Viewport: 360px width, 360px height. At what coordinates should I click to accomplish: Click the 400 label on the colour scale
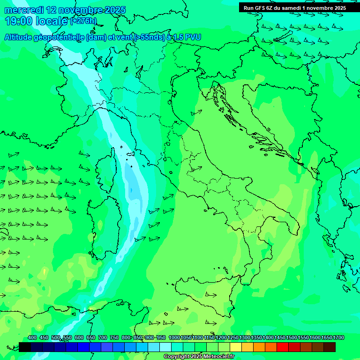tap(32, 337)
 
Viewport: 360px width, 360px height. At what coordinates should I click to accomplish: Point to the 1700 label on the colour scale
tap(339, 337)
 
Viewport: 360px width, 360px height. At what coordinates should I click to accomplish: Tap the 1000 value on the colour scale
tap(174, 337)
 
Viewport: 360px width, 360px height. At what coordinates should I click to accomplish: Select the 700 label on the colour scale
tap(102, 337)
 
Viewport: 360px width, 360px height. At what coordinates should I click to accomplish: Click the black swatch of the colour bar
tap(25, 347)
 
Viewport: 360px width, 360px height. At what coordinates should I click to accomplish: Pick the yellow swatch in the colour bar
tap(236, 347)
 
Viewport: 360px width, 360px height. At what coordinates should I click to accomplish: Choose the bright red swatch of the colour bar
tap(283, 347)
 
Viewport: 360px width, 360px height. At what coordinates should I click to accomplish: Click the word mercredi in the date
tap(24, 10)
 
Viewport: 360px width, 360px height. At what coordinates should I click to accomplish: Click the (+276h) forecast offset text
tap(83, 21)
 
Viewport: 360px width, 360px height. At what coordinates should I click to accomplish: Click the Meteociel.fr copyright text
tap(199, 357)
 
